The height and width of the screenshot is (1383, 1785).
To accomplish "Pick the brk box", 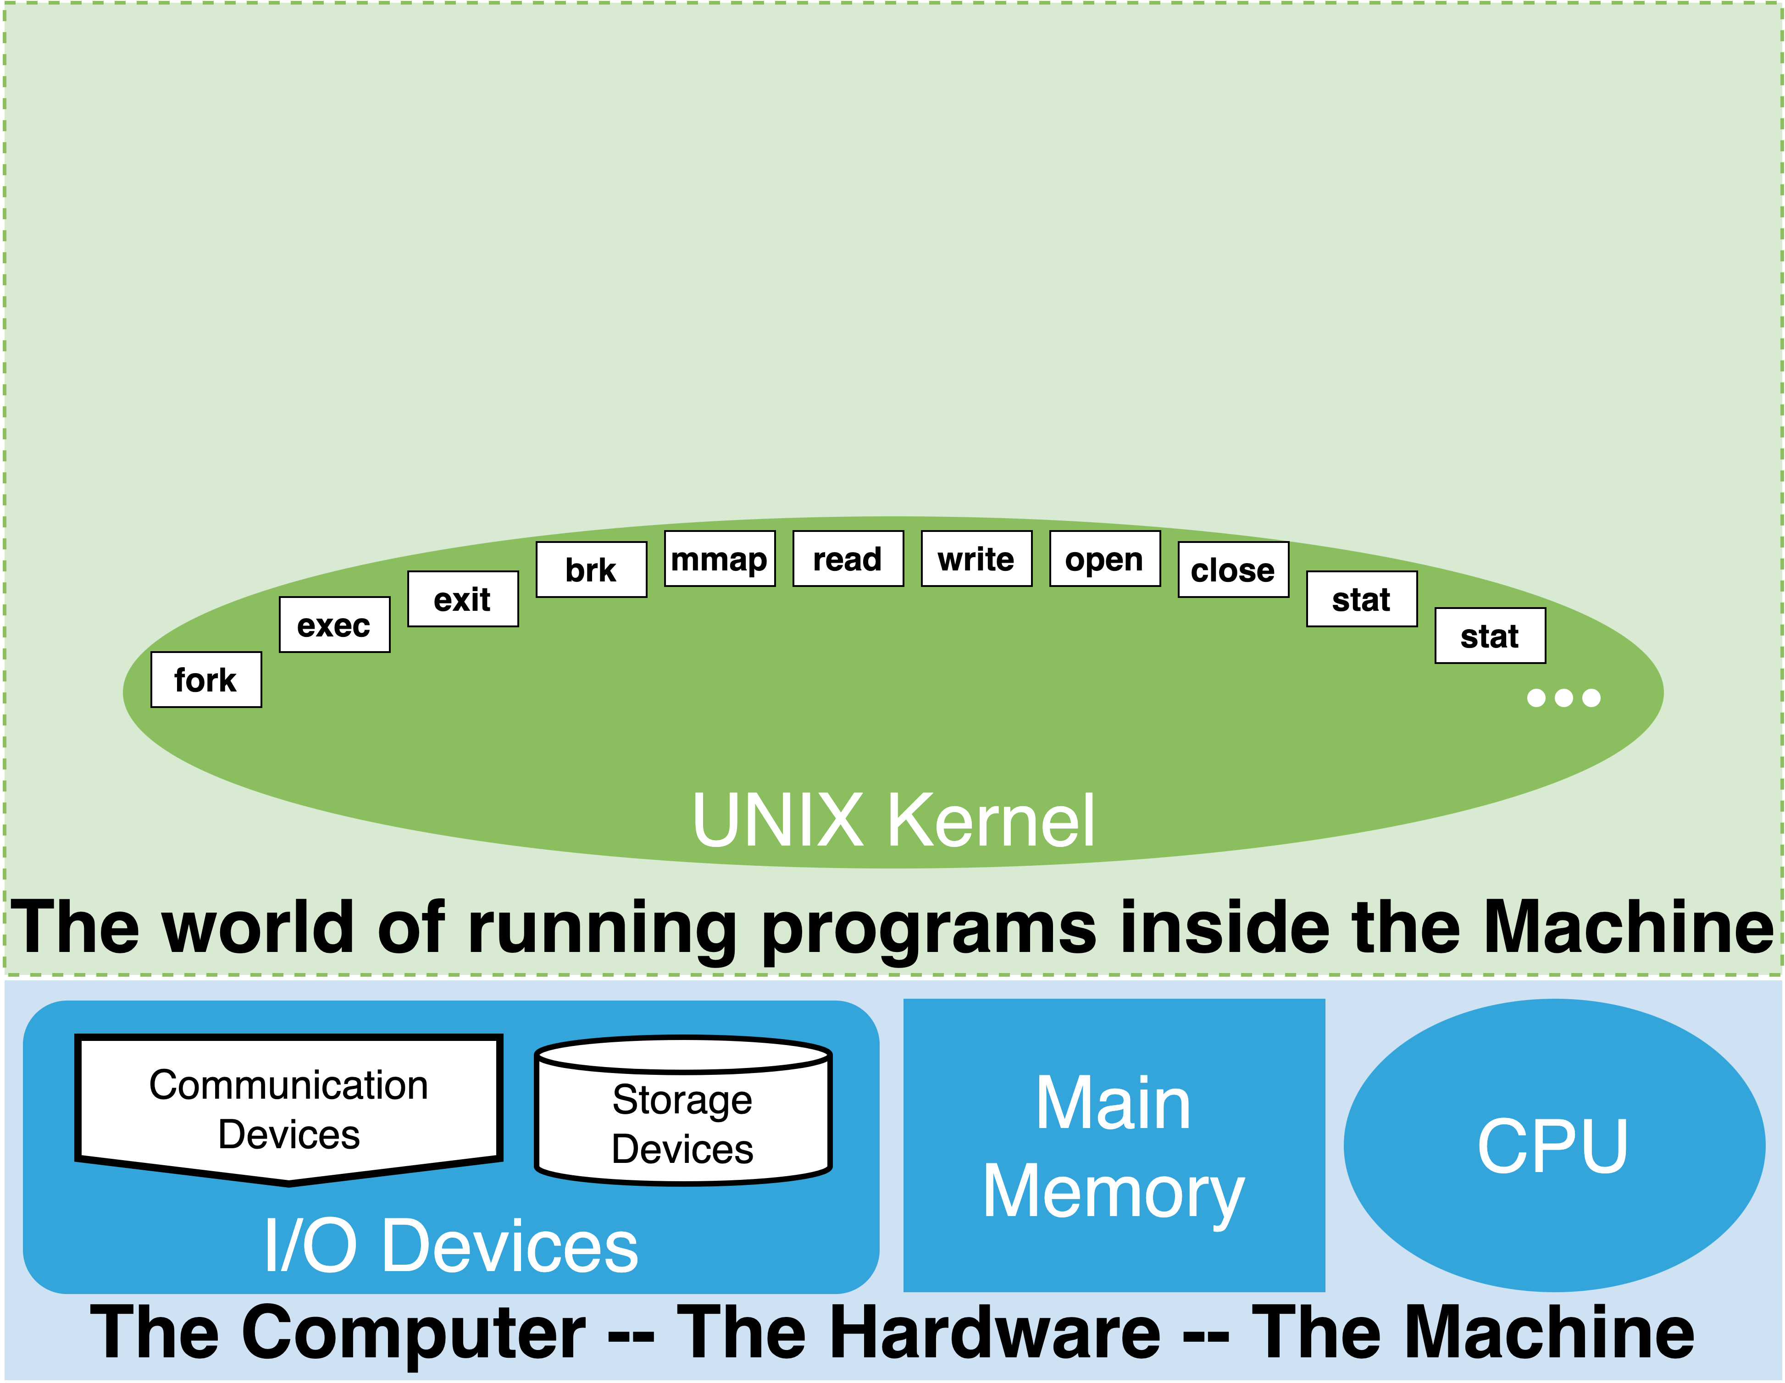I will (591, 570).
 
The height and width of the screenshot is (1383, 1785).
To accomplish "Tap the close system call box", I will (1232, 570).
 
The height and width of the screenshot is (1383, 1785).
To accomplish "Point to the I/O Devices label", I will (450, 1246).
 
